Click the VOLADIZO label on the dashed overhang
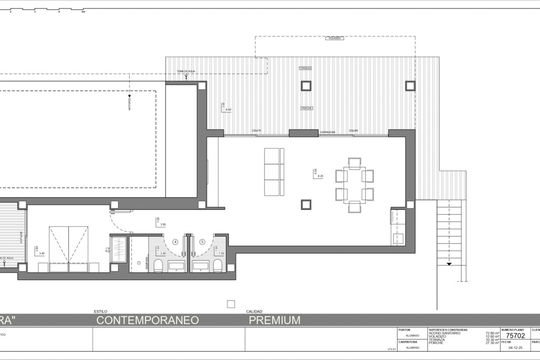click(x=335, y=38)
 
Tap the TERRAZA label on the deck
click(x=305, y=68)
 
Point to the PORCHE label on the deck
click(x=307, y=108)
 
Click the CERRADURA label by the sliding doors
click(x=328, y=132)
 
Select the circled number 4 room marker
click(x=175, y=242)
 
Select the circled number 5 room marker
click(x=202, y=242)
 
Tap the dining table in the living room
click(x=354, y=185)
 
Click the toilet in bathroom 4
click(x=158, y=266)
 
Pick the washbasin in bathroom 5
click(x=201, y=266)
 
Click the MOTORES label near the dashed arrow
click(x=130, y=104)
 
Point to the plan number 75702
click(x=515, y=336)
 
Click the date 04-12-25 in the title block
click(x=515, y=348)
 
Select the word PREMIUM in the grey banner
click(x=274, y=320)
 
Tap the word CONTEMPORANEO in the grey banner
click(x=148, y=320)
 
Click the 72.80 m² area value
click(x=492, y=333)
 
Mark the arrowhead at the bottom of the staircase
click(x=449, y=264)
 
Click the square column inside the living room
click(x=306, y=204)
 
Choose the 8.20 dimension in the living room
click(x=320, y=176)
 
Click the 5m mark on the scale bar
click(x=83, y=12)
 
